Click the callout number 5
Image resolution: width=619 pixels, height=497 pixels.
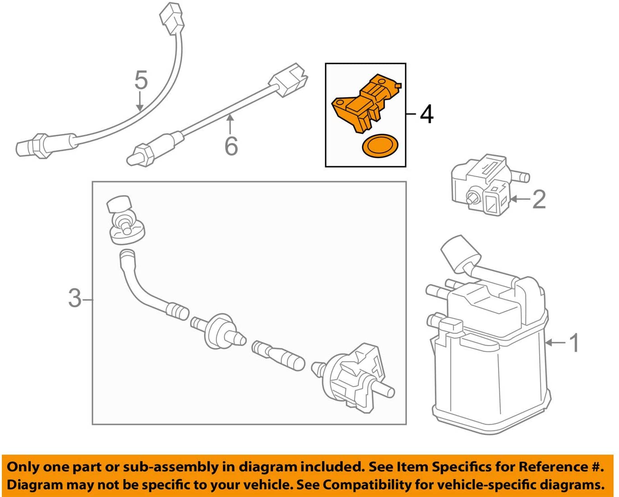(x=141, y=80)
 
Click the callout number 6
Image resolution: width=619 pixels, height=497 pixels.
(x=231, y=146)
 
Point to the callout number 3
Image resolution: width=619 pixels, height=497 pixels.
(x=75, y=298)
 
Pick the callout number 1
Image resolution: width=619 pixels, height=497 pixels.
(x=574, y=343)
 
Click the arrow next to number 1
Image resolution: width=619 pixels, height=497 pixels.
(x=555, y=343)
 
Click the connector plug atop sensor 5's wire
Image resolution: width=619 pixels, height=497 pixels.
(x=172, y=18)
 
